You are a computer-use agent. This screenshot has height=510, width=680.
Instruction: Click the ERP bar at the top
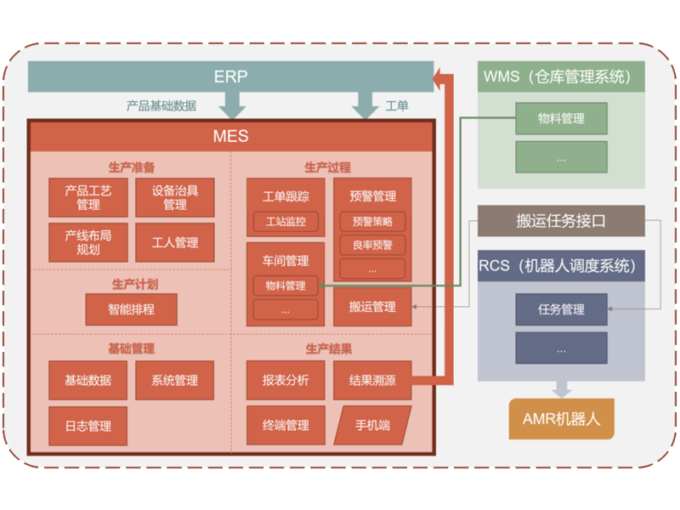[230, 76]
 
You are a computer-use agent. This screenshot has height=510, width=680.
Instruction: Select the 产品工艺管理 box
[88, 197]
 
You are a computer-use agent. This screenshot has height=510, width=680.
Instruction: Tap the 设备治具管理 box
[175, 197]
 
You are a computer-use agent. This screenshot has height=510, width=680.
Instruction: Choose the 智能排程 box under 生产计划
[131, 309]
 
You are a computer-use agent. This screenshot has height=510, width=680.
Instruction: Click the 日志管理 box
[88, 425]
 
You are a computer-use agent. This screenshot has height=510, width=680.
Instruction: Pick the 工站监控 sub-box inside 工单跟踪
[286, 223]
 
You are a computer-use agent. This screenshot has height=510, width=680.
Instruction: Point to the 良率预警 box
[372, 245]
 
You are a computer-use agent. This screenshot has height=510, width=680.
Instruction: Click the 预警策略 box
[372, 222]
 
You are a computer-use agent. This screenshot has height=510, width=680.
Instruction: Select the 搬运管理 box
[372, 307]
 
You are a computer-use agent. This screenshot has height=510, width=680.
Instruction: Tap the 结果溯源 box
[372, 380]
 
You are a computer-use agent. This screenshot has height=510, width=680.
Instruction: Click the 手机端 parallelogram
[372, 425]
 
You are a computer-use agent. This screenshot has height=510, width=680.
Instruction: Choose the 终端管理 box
[286, 425]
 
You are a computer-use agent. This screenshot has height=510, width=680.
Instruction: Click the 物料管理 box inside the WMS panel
[561, 119]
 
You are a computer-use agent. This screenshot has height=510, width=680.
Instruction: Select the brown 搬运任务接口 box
[561, 221]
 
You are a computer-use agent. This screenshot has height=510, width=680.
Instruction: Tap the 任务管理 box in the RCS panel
[561, 309]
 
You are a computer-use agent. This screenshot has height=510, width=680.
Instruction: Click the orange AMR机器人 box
[561, 419]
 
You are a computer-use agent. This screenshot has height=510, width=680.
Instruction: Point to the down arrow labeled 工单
[365, 105]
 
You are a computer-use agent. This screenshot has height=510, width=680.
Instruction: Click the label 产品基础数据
[161, 106]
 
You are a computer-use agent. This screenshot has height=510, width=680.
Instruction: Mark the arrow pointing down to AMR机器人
[561, 388]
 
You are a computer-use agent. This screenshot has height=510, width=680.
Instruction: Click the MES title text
[230, 136]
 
